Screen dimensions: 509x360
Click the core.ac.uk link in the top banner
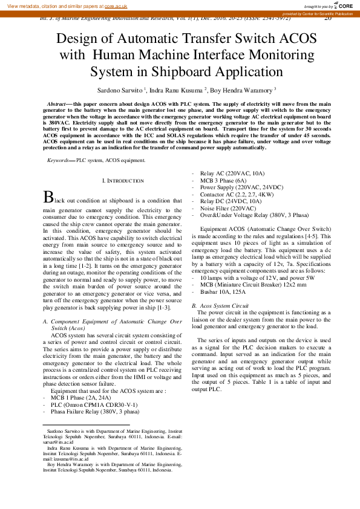(116, 5)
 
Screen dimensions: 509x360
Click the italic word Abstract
(56, 105)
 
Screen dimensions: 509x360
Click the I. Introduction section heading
(123, 181)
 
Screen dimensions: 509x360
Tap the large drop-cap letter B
(48, 197)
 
